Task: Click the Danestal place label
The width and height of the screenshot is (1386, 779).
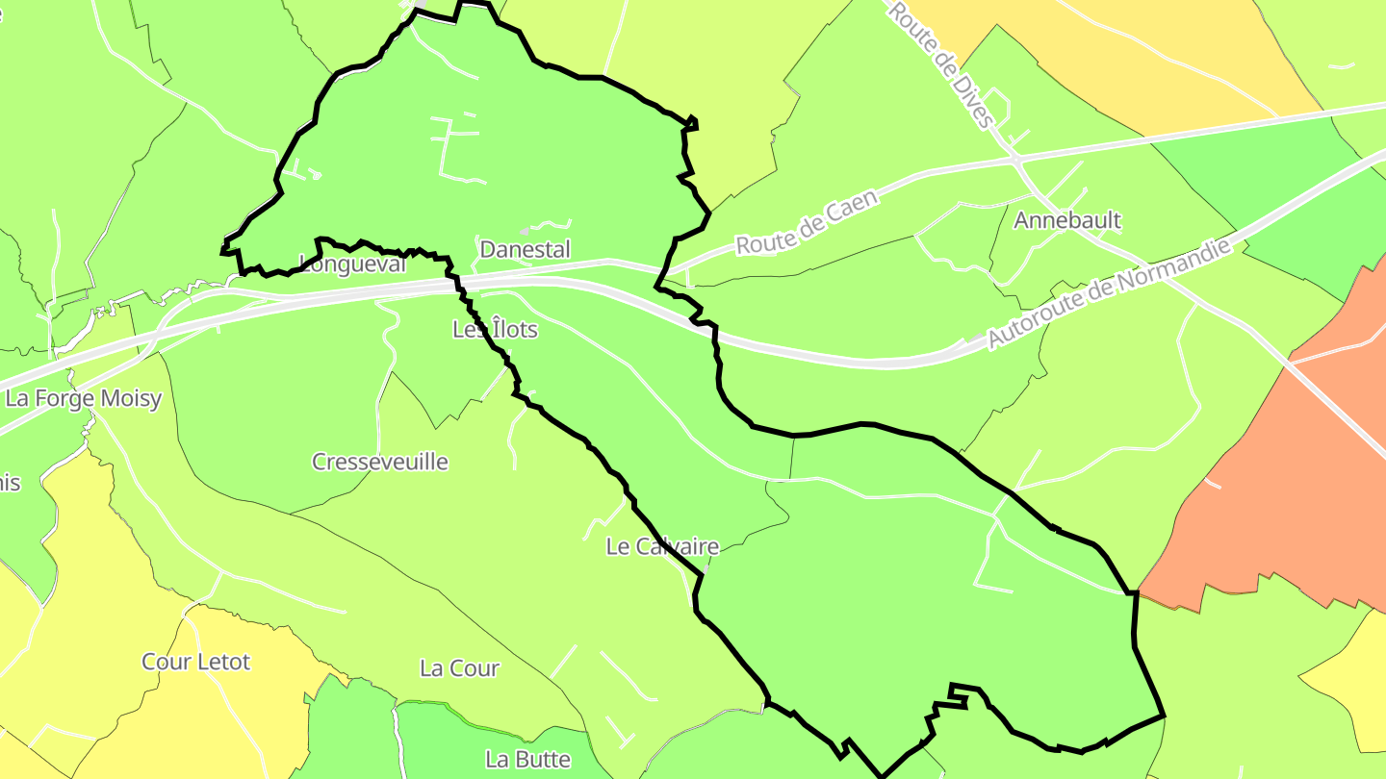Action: pyautogui.click(x=525, y=250)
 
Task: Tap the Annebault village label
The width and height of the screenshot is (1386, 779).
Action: pyautogui.click(x=1067, y=220)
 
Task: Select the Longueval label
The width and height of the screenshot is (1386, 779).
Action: pyautogui.click(x=353, y=264)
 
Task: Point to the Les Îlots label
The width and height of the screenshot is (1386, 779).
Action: pyautogui.click(x=495, y=330)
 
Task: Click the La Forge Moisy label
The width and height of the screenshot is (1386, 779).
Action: pyautogui.click(x=84, y=398)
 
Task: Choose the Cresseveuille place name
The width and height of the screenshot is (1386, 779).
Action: pyautogui.click(x=380, y=462)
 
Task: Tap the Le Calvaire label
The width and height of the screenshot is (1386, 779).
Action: pyautogui.click(x=662, y=547)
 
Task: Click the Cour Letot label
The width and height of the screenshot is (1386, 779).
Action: pyautogui.click(x=195, y=662)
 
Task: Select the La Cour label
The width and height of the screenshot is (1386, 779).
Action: pyautogui.click(x=460, y=668)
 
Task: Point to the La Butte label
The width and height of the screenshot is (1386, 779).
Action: pyautogui.click(x=528, y=759)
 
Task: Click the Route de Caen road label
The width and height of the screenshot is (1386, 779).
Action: pyautogui.click(x=808, y=222)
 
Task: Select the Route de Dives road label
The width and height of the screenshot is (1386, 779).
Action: pyautogui.click(x=939, y=63)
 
